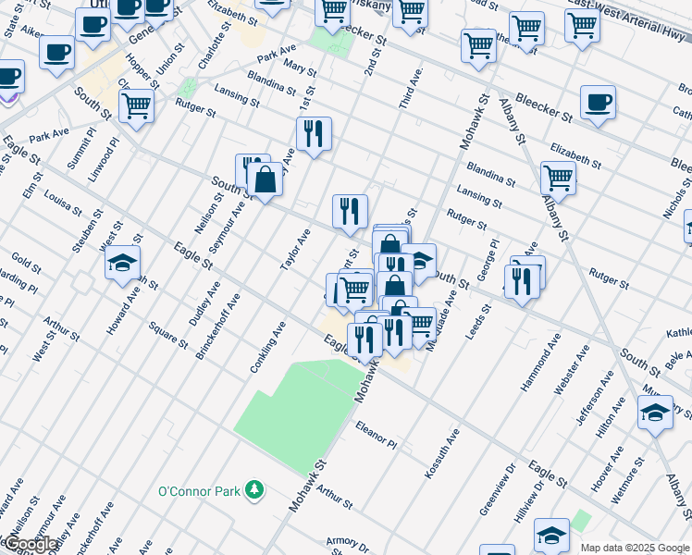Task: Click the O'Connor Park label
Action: (x=199, y=491)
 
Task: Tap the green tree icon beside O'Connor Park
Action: (x=253, y=491)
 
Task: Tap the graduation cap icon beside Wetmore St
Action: (x=655, y=413)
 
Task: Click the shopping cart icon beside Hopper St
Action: (x=136, y=105)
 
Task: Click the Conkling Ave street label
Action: (x=269, y=347)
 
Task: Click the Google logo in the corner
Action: (x=31, y=544)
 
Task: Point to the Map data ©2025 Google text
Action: (x=635, y=548)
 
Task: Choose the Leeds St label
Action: (x=479, y=320)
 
